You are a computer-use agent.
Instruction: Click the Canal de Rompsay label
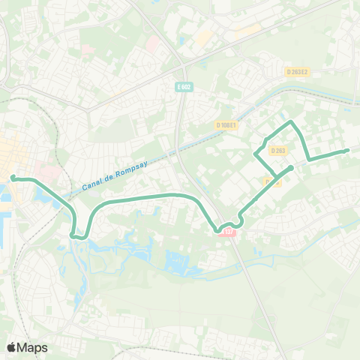coord(112,179)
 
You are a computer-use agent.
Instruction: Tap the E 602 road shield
coord(184,87)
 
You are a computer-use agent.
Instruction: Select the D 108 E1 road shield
coord(226,124)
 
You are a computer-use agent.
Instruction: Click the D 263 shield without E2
coord(279,150)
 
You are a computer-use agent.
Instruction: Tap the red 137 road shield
coord(228,232)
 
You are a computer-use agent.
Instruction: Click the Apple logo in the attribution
coord(11,347)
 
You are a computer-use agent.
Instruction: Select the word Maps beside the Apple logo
coord(33,347)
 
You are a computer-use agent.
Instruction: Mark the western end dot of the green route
coord(13,178)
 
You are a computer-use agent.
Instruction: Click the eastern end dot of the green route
coord(346,151)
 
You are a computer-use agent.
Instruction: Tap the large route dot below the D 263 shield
coord(289,167)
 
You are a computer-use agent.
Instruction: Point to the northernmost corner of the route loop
coord(291,121)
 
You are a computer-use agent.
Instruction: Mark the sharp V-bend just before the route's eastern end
coord(309,159)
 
